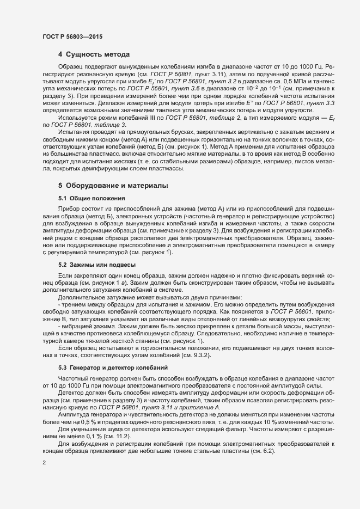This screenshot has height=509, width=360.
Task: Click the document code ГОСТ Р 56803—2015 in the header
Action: [x=72, y=36]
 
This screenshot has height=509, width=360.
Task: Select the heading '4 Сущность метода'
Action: [x=94, y=54]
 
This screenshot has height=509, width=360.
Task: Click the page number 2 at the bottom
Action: [x=44, y=463]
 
